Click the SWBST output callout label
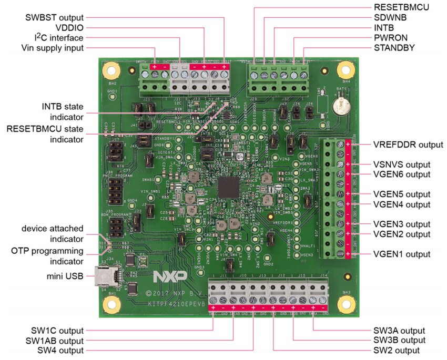[55, 17]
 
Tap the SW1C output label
[58, 331]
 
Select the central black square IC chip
[229, 187]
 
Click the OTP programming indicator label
[53, 256]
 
